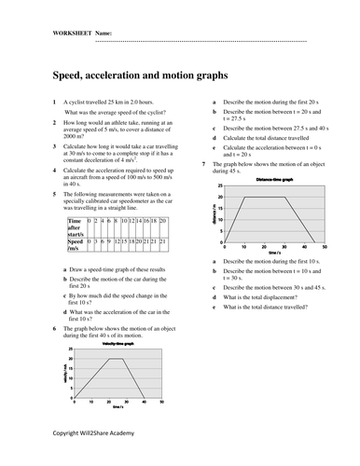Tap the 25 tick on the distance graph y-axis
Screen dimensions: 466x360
220,186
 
